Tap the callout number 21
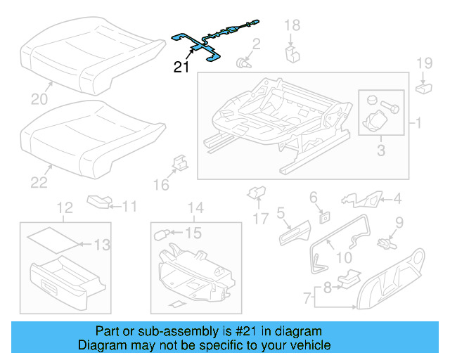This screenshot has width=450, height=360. pos(182,67)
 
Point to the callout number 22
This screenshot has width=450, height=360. pos(39,182)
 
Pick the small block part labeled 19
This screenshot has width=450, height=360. pos(424,87)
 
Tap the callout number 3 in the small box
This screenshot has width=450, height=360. pos(380,149)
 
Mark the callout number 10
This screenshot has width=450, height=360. pos(343,257)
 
